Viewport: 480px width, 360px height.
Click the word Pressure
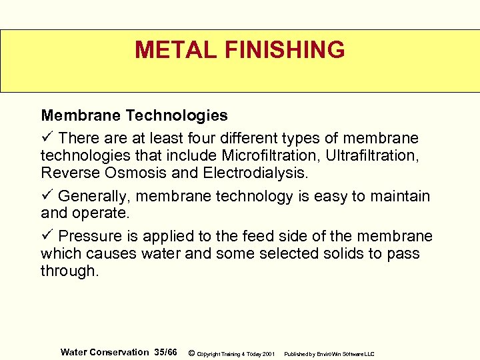[x=90, y=237]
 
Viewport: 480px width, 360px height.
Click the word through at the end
[x=69, y=272]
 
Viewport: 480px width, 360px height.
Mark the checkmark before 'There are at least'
[x=46, y=138]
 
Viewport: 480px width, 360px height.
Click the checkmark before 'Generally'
[x=46, y=197]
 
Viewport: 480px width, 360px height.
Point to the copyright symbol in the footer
[x=191, y=353]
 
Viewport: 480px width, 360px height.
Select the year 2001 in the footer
[x=269, y=354]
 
